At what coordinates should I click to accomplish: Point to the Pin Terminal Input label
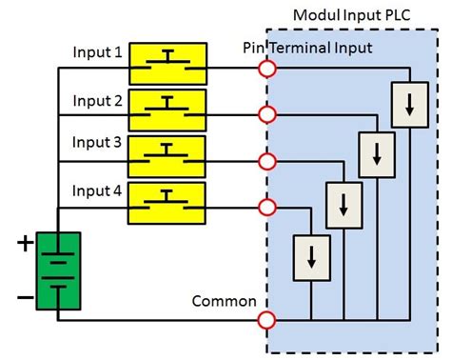(307, 47)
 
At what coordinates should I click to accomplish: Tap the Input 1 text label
(98, 51)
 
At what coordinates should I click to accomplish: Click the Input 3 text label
(98, 143)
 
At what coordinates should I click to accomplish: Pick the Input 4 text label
(98, 190)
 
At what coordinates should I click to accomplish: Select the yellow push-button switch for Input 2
(167, 109)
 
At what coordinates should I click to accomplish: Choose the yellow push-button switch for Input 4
(167, 201)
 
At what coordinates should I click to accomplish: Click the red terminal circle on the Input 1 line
(268, 69)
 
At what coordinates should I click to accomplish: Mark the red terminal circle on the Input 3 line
(268, 160)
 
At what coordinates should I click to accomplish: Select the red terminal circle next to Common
(268, 320)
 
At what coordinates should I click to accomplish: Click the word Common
(225, 302)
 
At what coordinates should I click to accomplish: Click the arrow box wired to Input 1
(408, 106)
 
